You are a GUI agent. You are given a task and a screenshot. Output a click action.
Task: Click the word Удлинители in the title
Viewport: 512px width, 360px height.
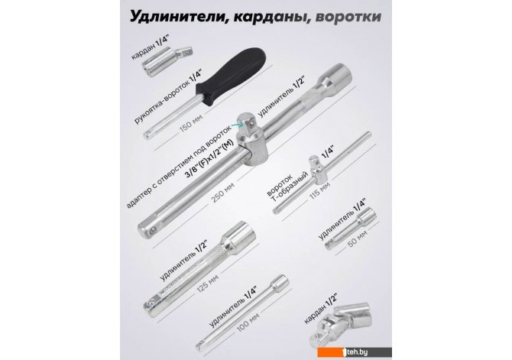point(175,16)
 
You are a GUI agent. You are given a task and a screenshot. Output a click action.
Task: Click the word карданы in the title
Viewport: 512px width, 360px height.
point(267,17)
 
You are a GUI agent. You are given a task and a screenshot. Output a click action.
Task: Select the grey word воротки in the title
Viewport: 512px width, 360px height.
point(348,17)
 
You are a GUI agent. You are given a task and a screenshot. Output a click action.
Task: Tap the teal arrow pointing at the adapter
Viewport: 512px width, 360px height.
point(236,124)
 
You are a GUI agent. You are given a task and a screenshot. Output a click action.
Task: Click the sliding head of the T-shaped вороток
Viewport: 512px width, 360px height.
point(315,167)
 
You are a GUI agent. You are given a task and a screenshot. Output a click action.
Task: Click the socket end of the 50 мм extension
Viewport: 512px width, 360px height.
point(368,217)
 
